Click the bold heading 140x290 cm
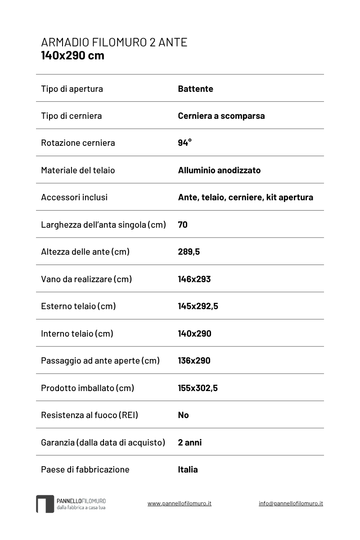[x=72, y=56]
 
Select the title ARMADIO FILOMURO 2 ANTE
[x=114, y=43]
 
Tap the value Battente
[x=195, y=89]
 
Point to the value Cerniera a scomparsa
[x=221, y=116]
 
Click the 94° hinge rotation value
[x=184, y=143]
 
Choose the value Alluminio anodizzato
[x=219, y=170]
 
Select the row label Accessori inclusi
[x=74, y=197]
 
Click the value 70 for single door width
[x=183, y=225]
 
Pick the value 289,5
[x=189, y=252]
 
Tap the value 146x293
[x=194, y=279]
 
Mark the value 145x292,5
[x=198, y=306]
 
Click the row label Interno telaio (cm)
[x=77, y=333]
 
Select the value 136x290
[x=194, y=360]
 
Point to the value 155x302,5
[x=198, y=388]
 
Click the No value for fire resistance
[x=183, y=415]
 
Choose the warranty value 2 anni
[x=189, y=442]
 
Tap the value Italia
[x=188, y=469]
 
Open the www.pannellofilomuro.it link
[x=179, y=504]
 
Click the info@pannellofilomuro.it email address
[x=291, y=504]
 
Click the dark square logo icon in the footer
[x=45, y=504]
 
